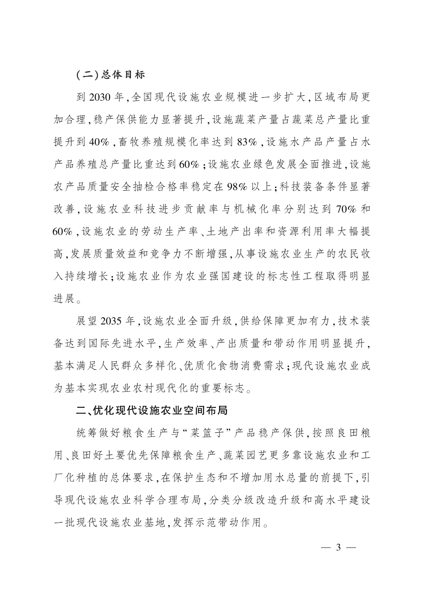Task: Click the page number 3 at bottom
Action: point(338,547)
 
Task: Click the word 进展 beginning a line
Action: point(65,299)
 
